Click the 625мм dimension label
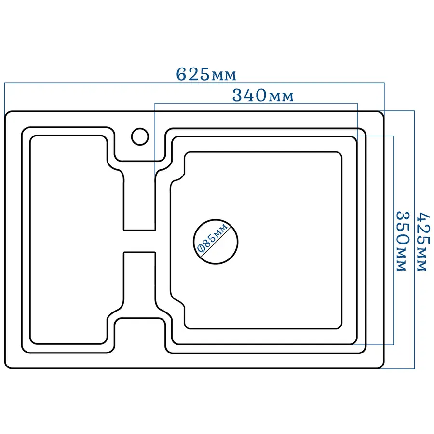point(206,74)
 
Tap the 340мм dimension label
point(263,95)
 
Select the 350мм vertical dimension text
point(402,242)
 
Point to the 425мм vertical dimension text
point(423,242)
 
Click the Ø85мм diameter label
point(213,238)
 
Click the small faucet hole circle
point(140,137)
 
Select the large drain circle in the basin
point(216,242)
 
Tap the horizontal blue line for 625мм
point(194,83)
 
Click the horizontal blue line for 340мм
point(256,104)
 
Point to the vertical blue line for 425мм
point(414,240)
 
